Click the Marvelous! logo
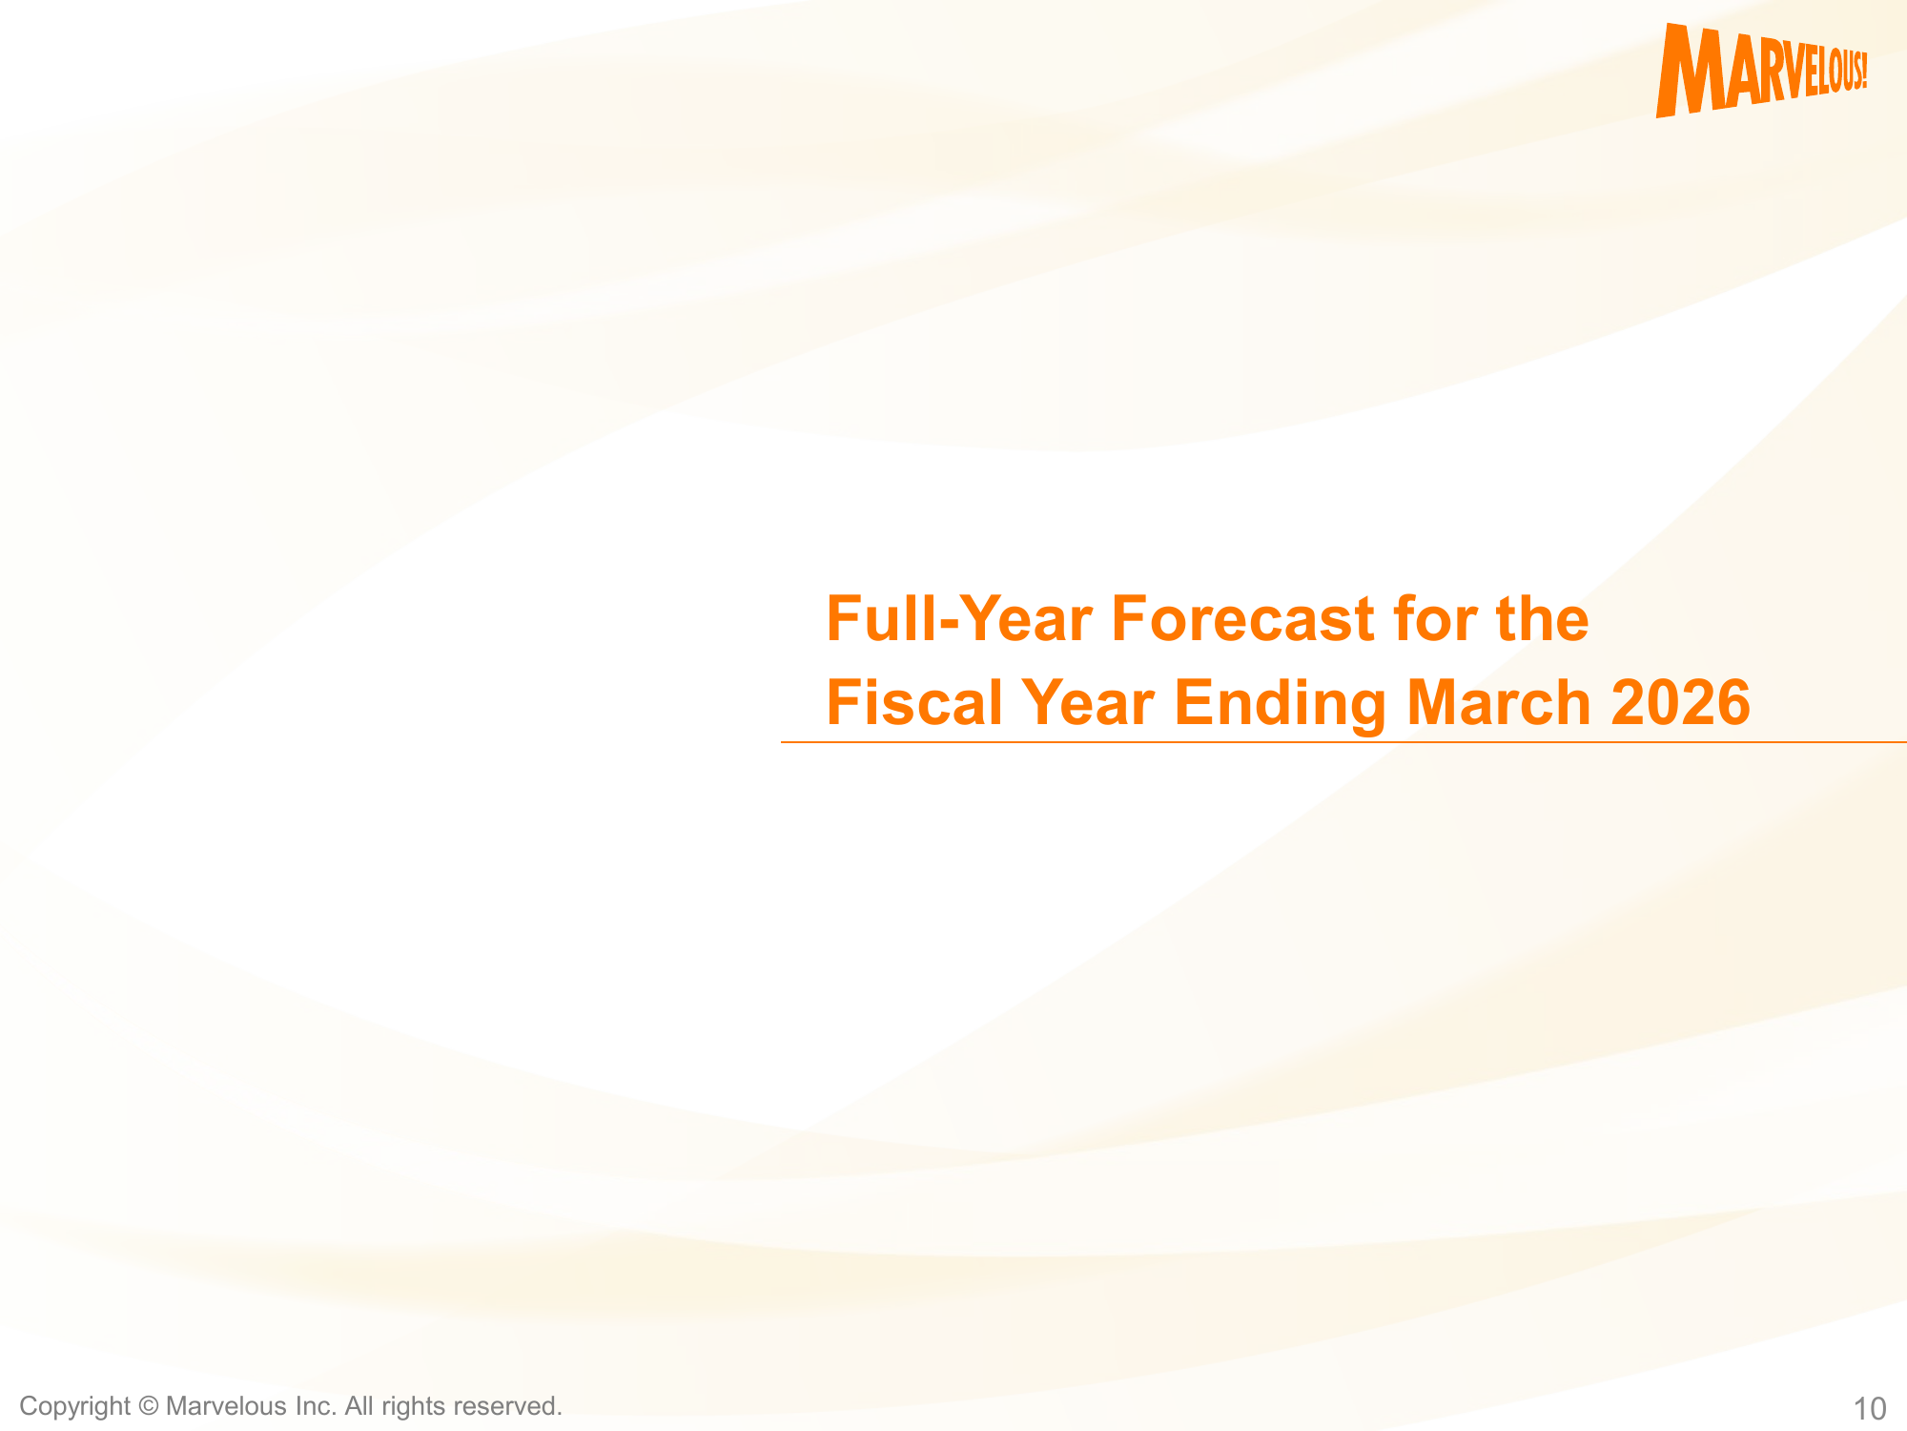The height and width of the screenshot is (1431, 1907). coord(1761,71)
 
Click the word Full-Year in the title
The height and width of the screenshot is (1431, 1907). coord(959,618)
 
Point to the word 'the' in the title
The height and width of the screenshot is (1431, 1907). coord(1543,618)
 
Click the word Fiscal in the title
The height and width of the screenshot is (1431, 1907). coord(914,702)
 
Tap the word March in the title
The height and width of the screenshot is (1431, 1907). coord(1499,702)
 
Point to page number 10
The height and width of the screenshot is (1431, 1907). coord(1870,1409)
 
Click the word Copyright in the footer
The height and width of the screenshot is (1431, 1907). coord(74,1407)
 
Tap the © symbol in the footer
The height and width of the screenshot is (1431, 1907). coord(148,1406)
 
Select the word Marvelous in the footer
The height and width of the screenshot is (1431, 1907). coord(226,1406)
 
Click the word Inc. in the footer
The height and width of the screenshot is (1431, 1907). coord(316,1406)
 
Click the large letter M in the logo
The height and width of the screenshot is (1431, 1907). coord(1692,71)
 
